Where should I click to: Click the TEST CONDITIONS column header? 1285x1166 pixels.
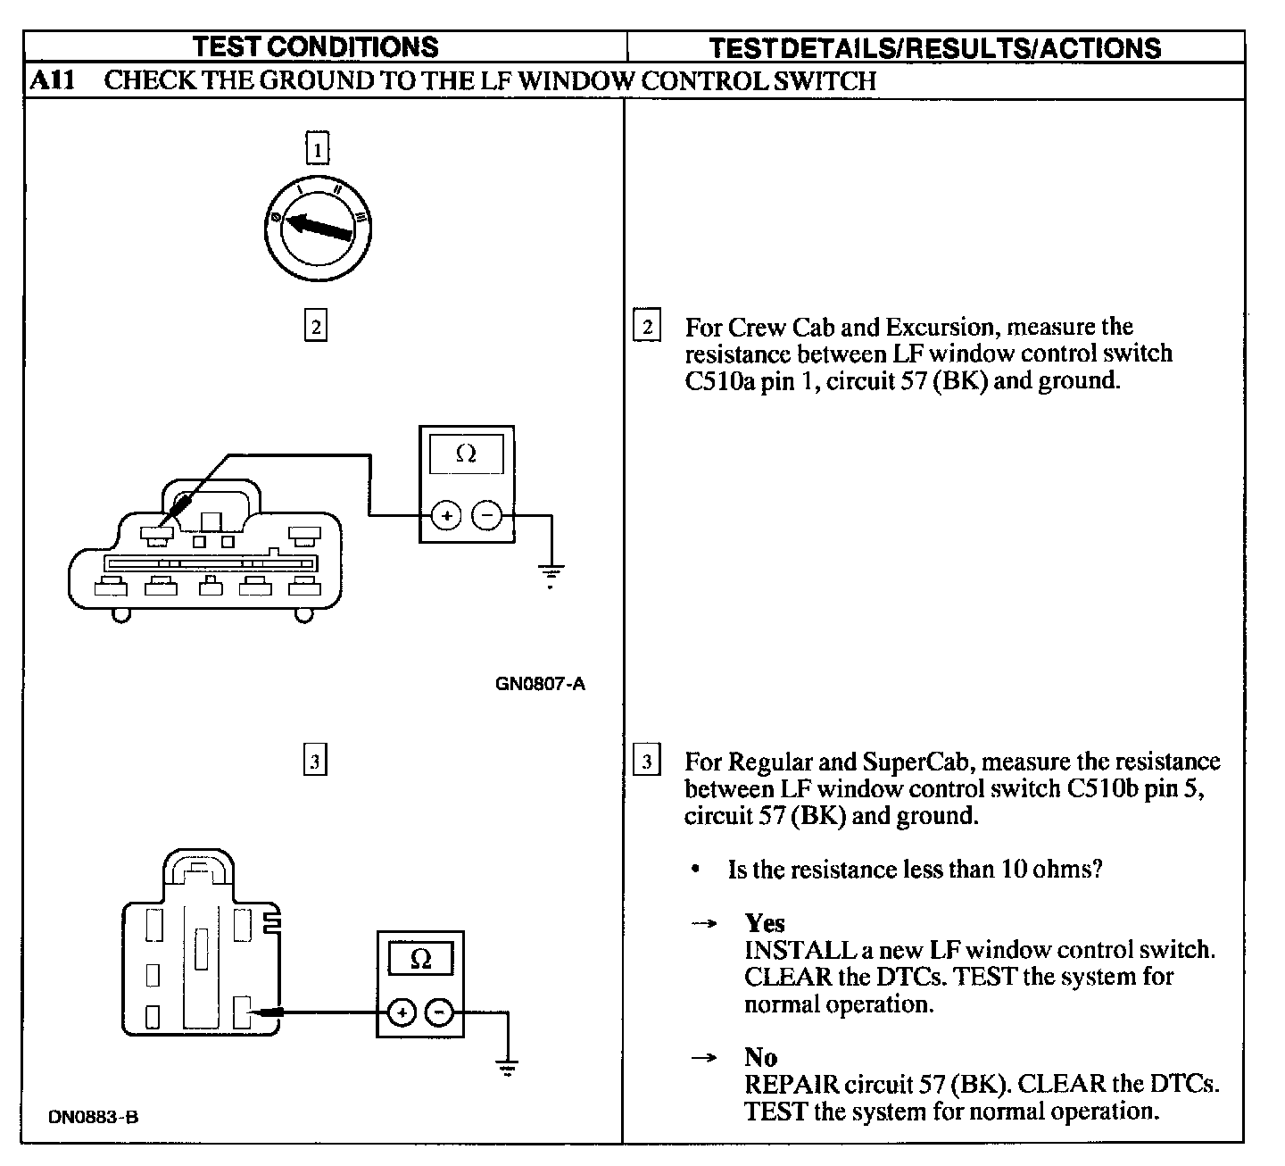click(316, 46)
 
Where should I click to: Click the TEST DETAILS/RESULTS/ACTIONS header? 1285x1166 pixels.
click(934, 47)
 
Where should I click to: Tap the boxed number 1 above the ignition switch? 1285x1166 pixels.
click(317, 148)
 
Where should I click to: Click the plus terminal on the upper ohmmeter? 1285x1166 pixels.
click(445, 515)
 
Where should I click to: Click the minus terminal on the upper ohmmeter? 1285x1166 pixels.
click(486, 515)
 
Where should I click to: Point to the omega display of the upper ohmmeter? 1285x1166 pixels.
click(466, 454)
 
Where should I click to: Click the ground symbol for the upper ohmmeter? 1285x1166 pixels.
click(551, 575)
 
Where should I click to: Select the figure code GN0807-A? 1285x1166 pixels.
click(541, 685)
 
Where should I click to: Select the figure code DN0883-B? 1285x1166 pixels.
click(94, 1117)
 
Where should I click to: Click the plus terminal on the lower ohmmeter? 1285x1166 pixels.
click(402, 1012)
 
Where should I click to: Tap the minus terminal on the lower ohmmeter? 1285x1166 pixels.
click(438, 1012)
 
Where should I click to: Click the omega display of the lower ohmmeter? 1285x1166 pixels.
click(420, 960)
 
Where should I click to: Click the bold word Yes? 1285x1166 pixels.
click(765, 923)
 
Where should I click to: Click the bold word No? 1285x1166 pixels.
click(760, 1057)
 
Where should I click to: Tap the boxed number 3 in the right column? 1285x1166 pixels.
click(646, 762)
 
